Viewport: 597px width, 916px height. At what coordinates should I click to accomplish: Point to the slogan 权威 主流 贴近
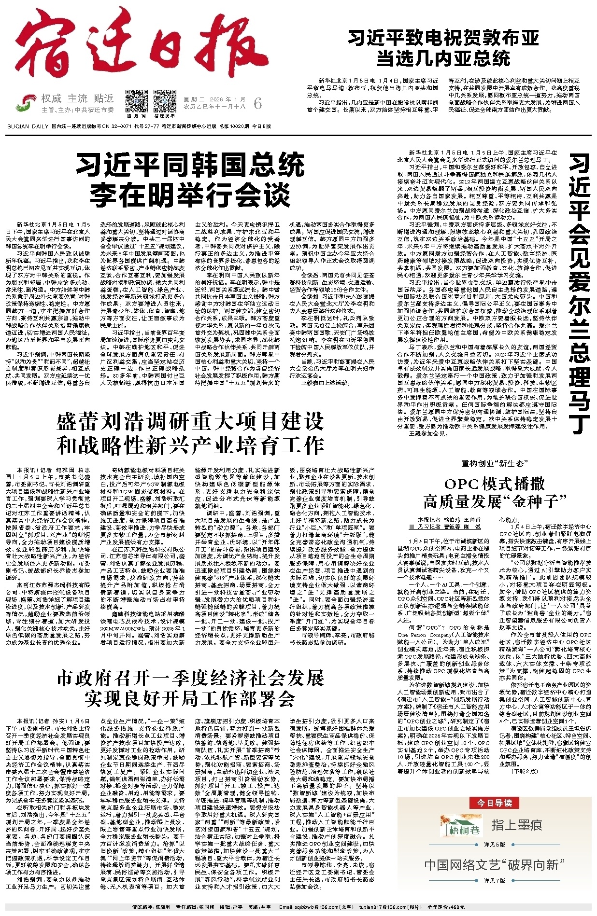[77, 98]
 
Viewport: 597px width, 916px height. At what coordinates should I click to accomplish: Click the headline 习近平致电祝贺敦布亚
[443, 38]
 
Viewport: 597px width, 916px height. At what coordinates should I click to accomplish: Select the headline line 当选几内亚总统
[443, 58]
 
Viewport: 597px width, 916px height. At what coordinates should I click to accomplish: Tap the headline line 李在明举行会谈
[190, 194]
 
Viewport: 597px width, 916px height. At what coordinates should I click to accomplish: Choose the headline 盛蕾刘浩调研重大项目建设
[190, 422]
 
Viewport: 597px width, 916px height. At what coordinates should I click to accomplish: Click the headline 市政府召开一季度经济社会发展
[190, 678]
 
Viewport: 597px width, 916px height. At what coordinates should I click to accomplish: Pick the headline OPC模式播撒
[495, 484]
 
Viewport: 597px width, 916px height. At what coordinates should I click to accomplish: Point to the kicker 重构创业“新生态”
[493, 464]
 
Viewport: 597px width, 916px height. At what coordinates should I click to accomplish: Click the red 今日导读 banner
[494, 803]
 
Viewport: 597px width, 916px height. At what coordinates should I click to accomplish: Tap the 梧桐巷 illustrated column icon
[455, 826]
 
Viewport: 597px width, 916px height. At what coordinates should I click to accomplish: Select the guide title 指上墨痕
[516, 825]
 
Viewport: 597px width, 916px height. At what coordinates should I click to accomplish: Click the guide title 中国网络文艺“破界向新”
[494, 865]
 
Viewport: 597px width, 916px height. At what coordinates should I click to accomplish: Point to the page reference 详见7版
[494, 881]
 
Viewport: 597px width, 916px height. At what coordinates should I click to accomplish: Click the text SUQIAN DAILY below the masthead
[28, 126]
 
